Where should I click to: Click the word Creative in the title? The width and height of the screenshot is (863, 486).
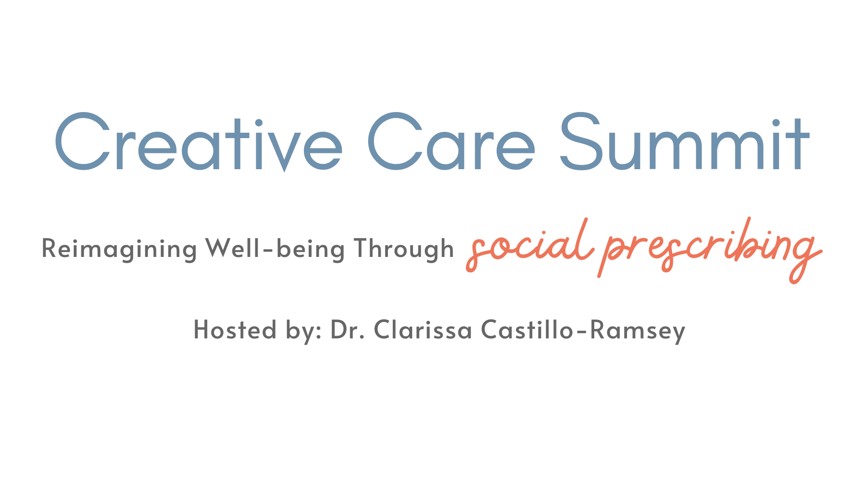198,142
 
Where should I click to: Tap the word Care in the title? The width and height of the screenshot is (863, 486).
452,142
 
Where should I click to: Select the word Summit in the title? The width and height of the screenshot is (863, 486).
685,142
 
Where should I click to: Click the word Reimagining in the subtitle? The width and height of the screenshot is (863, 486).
119,249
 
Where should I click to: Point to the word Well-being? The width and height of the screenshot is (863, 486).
275,249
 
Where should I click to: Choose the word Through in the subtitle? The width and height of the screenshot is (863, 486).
404,249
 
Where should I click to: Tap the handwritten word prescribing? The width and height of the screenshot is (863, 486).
710,250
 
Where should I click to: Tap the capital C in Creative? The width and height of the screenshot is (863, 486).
83,141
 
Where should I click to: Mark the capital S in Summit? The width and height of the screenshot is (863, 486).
581,141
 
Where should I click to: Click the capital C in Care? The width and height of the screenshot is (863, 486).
396,141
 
